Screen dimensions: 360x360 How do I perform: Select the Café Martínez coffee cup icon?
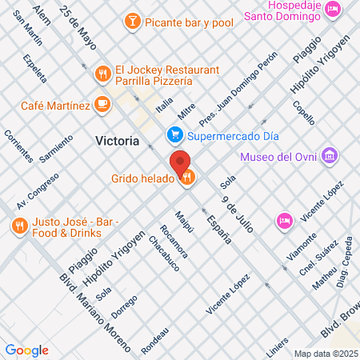(102, 103)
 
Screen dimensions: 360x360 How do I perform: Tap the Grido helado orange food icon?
(187, 178)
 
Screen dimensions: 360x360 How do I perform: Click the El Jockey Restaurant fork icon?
(102, 74)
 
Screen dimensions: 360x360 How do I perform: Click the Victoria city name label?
(117, 141)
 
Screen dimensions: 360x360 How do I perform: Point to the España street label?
(218, 228)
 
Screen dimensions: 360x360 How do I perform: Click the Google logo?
(26, 350)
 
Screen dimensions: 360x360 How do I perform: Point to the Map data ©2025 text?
(325, 354)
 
